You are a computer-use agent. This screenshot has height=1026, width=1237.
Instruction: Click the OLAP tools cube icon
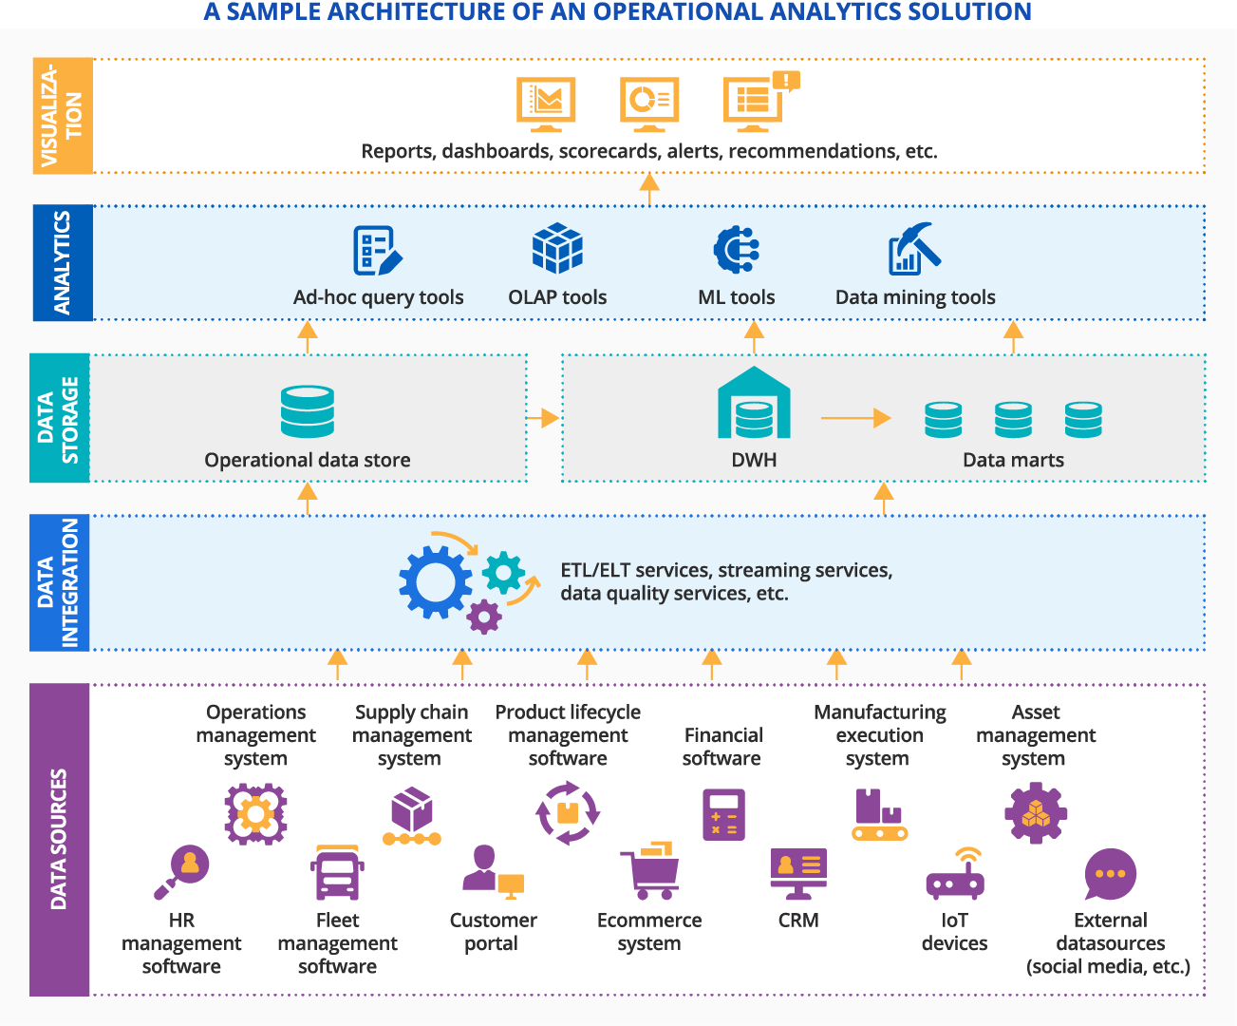(557, 249)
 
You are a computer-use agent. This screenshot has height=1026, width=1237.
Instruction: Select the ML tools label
(736, 297)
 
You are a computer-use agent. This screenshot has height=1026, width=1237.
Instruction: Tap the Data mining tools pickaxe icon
(914, 249)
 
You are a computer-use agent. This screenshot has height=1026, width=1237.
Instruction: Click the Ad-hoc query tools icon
(377, 250)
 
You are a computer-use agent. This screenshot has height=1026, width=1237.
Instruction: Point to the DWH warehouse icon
(754, 403)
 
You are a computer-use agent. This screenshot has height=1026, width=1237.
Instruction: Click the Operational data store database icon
(308, 411)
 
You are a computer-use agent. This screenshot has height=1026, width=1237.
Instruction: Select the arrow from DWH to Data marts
(855, 418)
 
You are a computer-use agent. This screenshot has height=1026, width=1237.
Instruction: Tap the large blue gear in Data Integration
(435, 581)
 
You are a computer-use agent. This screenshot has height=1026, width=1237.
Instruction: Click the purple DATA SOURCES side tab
(59, 839)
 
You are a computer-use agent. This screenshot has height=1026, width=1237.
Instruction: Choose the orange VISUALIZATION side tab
(63, 116)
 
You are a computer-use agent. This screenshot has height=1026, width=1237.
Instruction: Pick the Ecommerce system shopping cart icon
(650, 870)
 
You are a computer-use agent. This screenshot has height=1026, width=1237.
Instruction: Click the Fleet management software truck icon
(337, 872)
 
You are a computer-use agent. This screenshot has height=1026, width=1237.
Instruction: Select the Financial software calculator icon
(723, 814)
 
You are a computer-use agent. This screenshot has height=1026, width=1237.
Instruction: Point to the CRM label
(798, 921)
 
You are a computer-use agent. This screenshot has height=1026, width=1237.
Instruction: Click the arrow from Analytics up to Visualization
(649, 188)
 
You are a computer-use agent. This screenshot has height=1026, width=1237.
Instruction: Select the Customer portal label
(493, 932)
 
